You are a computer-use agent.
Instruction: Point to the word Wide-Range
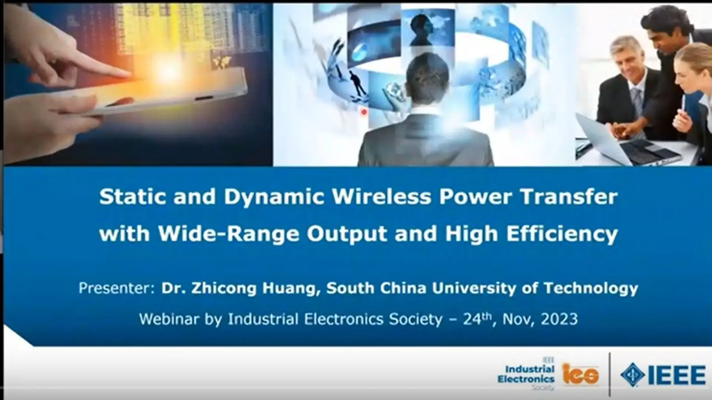click(x=228, y=234)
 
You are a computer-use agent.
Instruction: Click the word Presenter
click(x=116, y=288)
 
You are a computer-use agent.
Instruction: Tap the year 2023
click(x=559, y=319)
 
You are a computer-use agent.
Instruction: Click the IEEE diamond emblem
click(x=632, y=375)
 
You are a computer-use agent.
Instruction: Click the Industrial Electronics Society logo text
click(x=527, y=374)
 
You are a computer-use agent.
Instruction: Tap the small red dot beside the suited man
click(x=364, y=111)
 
